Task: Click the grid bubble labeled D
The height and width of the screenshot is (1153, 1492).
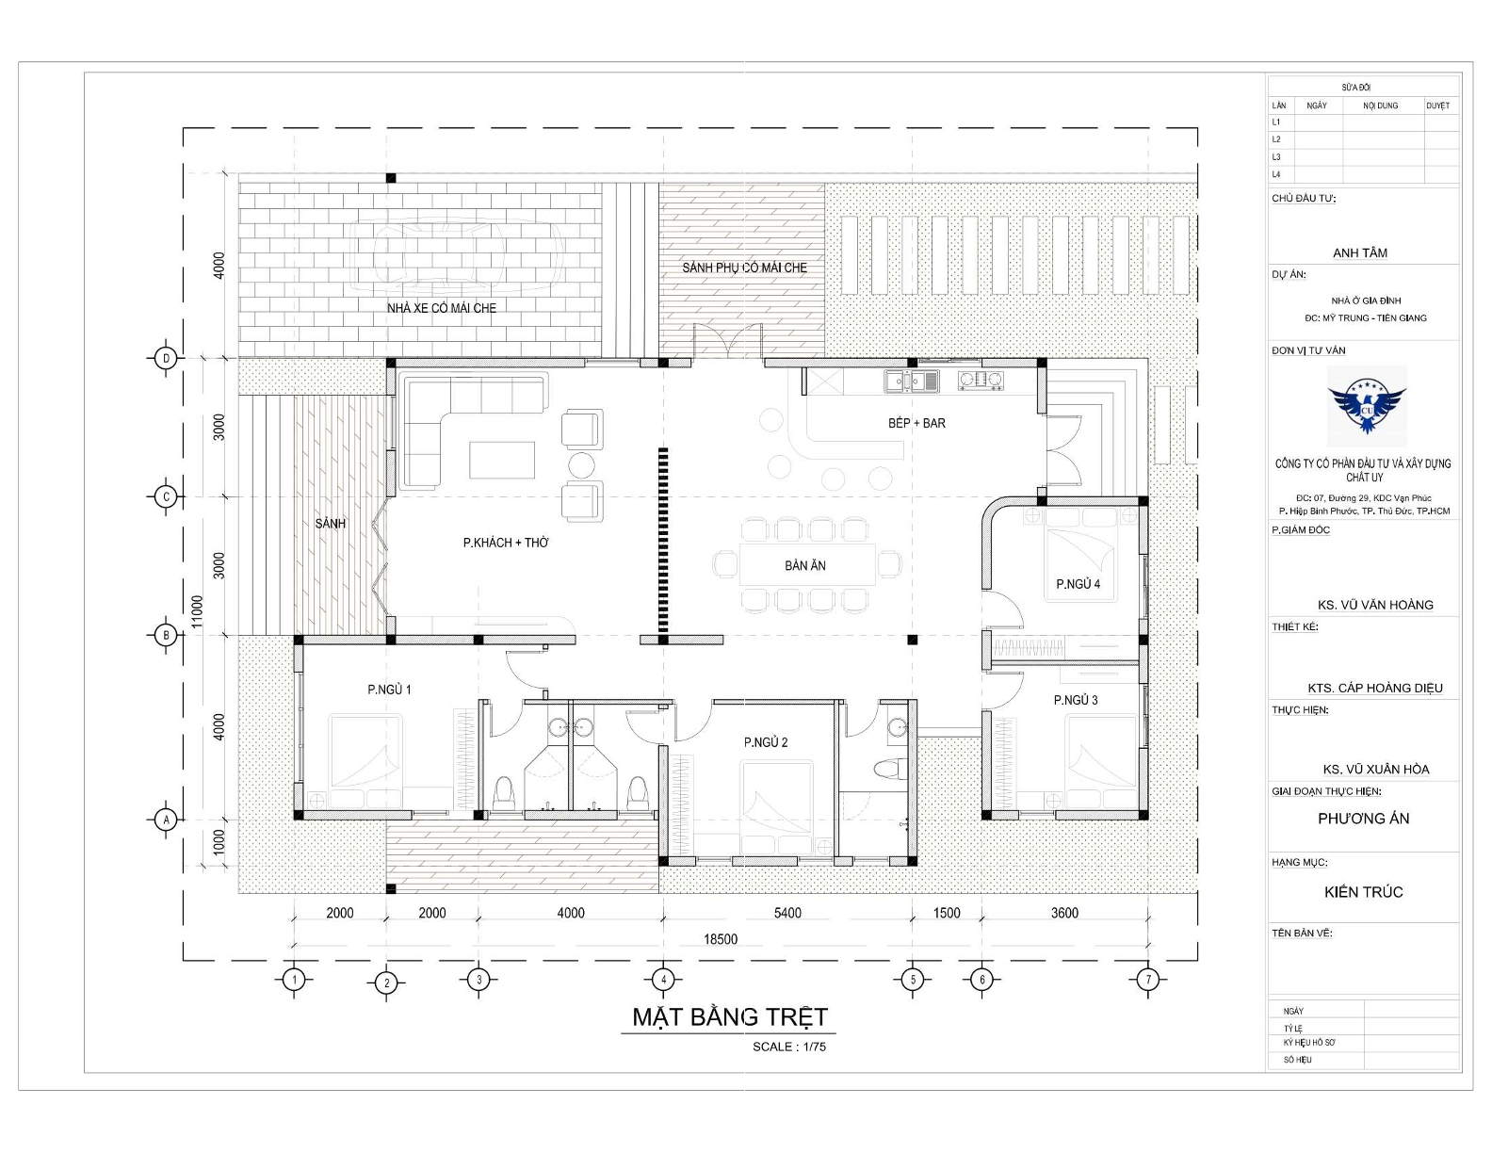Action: (166, 358)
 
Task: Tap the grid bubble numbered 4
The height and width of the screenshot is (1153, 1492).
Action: (662, 980)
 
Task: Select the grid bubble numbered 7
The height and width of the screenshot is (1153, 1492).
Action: (1147, 980)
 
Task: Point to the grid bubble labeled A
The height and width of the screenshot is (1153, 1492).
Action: (166, 820)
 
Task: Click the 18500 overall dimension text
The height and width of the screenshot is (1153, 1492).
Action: (721, 939)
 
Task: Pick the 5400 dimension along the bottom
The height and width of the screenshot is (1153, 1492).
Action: (787, 913)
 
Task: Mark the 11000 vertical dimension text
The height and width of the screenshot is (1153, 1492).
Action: (198, 611)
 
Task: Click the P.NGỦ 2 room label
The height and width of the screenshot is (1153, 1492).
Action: (766, 742)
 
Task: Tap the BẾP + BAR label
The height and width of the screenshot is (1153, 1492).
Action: (916, 423)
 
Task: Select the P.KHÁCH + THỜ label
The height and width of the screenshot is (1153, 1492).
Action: (506, 543)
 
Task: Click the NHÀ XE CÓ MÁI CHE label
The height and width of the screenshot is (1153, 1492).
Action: (442, 308)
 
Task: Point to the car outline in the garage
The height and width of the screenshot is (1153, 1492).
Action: (458, 257)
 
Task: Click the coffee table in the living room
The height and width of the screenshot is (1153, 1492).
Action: (502, 460)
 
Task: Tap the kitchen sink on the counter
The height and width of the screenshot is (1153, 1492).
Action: (911, 382)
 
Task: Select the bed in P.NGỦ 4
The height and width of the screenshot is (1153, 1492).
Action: (1079, 555)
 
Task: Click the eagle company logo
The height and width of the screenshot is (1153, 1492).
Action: (1367, 406)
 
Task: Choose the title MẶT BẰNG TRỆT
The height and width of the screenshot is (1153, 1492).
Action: (730, 1017)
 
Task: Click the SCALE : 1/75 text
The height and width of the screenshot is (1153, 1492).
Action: (789, 1047)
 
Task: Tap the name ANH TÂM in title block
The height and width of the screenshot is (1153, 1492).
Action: (1359, 252)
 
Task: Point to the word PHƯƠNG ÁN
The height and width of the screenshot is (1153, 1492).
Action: (1363, 818)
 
